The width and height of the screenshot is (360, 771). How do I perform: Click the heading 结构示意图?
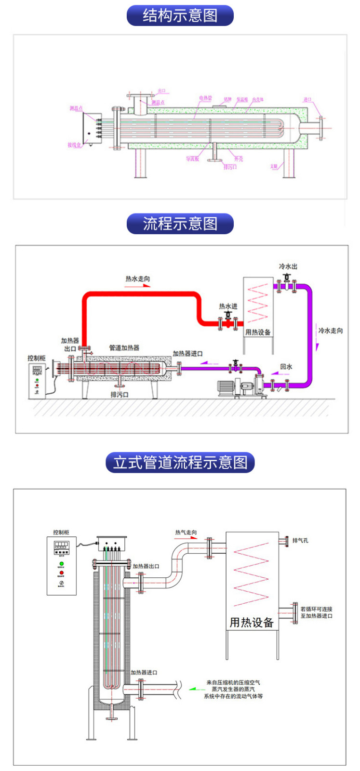180,15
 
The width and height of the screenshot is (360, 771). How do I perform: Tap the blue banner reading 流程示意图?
180,224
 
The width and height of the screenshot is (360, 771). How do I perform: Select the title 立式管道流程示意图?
180,463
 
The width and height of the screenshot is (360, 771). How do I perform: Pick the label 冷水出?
288,266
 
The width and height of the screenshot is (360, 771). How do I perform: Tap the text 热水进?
228,306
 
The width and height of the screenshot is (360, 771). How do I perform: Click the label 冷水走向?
331,331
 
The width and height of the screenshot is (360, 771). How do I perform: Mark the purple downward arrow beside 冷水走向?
318,346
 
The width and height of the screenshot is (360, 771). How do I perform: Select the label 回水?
286,367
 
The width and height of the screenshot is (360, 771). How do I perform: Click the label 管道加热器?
124,347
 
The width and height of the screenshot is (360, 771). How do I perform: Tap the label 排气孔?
300,541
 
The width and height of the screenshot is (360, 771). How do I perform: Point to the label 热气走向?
186,532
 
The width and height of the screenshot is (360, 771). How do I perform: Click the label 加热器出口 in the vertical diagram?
146,566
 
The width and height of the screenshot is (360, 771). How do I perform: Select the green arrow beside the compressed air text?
196,689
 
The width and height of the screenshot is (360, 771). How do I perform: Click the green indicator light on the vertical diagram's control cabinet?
61,563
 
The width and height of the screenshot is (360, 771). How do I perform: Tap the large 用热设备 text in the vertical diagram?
252,623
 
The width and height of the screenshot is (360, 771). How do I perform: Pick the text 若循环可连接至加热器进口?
316,612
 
